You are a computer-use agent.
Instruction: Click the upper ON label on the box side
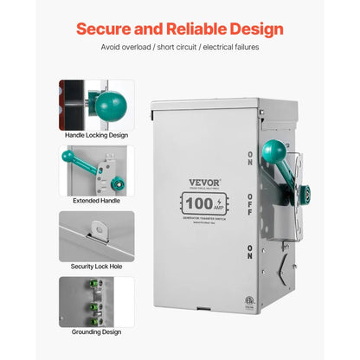[x=249, y=161]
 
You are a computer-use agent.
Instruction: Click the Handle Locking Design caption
[x=97, y=136]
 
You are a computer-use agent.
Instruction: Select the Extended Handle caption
[x=97, y=202]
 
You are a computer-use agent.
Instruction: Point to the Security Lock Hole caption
[x=97, y=267]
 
